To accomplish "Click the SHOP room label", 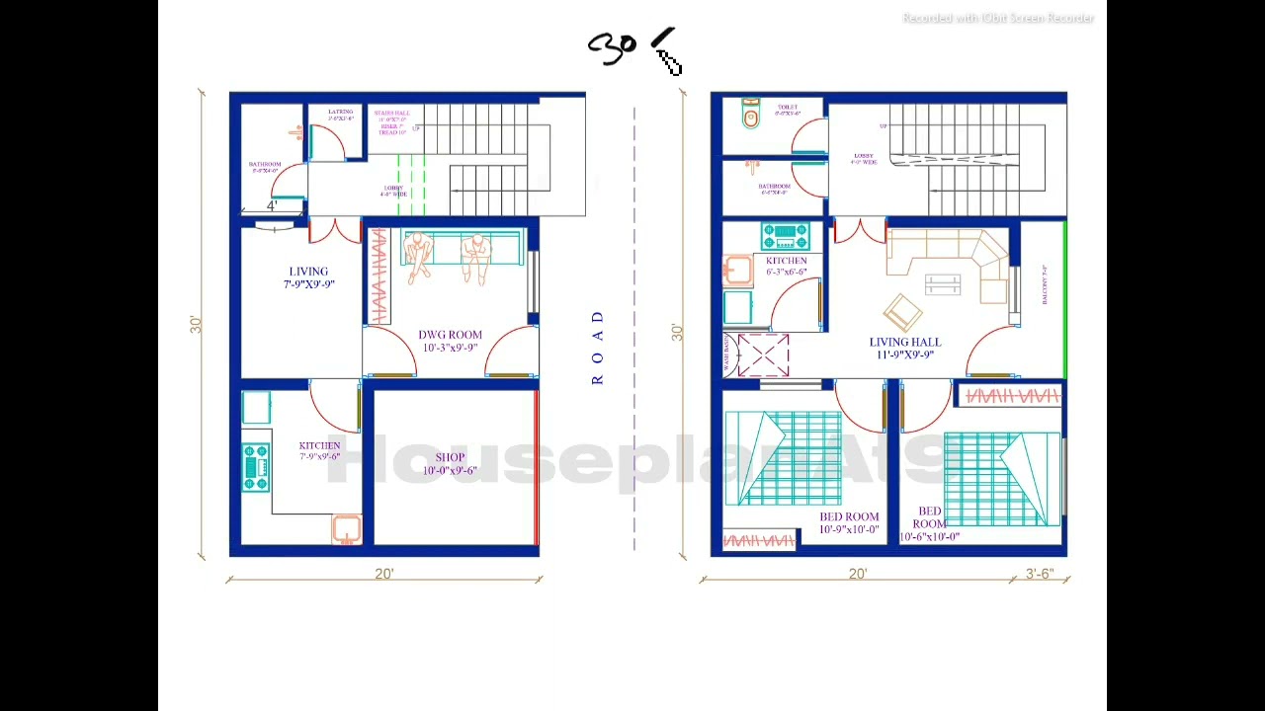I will click(450, 463).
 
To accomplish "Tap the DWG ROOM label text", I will click(450, 341).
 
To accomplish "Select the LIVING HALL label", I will click(905, 348).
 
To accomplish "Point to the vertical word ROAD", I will click(597, 348).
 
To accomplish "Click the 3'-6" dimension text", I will click(1039, 574).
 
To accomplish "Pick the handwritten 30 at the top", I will click(612, 47).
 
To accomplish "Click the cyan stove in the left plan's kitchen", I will click(255, 467).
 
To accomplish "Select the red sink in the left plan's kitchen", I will click(346, 528).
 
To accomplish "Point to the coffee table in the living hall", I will click(943, 284).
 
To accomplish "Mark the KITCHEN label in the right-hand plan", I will click(786, 266).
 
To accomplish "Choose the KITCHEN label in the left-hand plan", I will click(319, 450).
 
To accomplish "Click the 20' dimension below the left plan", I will click(383, 574).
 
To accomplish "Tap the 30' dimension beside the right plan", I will click(677, 333).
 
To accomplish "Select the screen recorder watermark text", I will click(998, 18).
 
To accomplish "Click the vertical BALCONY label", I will click(1045, 284).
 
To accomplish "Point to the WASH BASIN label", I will click(726, 354).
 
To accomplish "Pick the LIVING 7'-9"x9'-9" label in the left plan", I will click(308, 277).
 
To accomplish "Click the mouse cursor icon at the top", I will click(668, 61).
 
